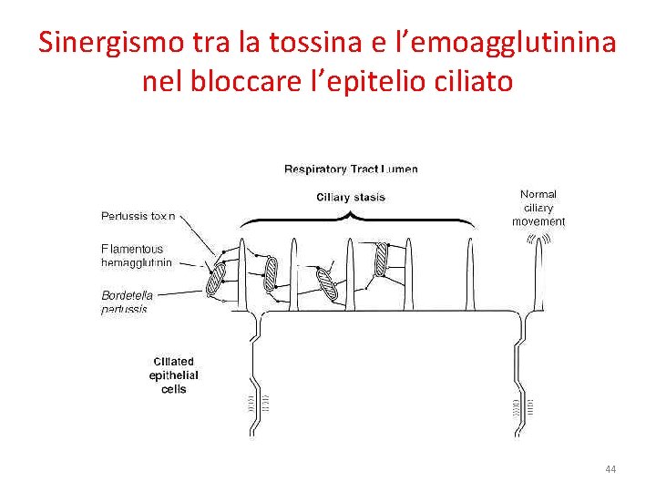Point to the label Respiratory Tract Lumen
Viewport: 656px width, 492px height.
click(x=351, y=169)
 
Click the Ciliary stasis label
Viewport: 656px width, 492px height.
click(x=351, y=197)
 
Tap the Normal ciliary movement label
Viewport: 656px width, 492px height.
click(x=538, y=208)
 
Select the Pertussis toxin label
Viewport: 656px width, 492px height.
click(x=138, y=217)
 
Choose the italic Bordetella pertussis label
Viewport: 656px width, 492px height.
click(x=127, y=302)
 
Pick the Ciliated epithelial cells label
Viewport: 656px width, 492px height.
click(x=173, y=375)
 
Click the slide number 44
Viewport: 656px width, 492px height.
click(x=610, y=469)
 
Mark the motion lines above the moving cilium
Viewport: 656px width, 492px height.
click(x=538, y=240)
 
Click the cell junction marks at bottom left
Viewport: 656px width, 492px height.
click(x=260, y=402)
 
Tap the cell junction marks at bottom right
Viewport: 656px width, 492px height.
click(x=523, y=403)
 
